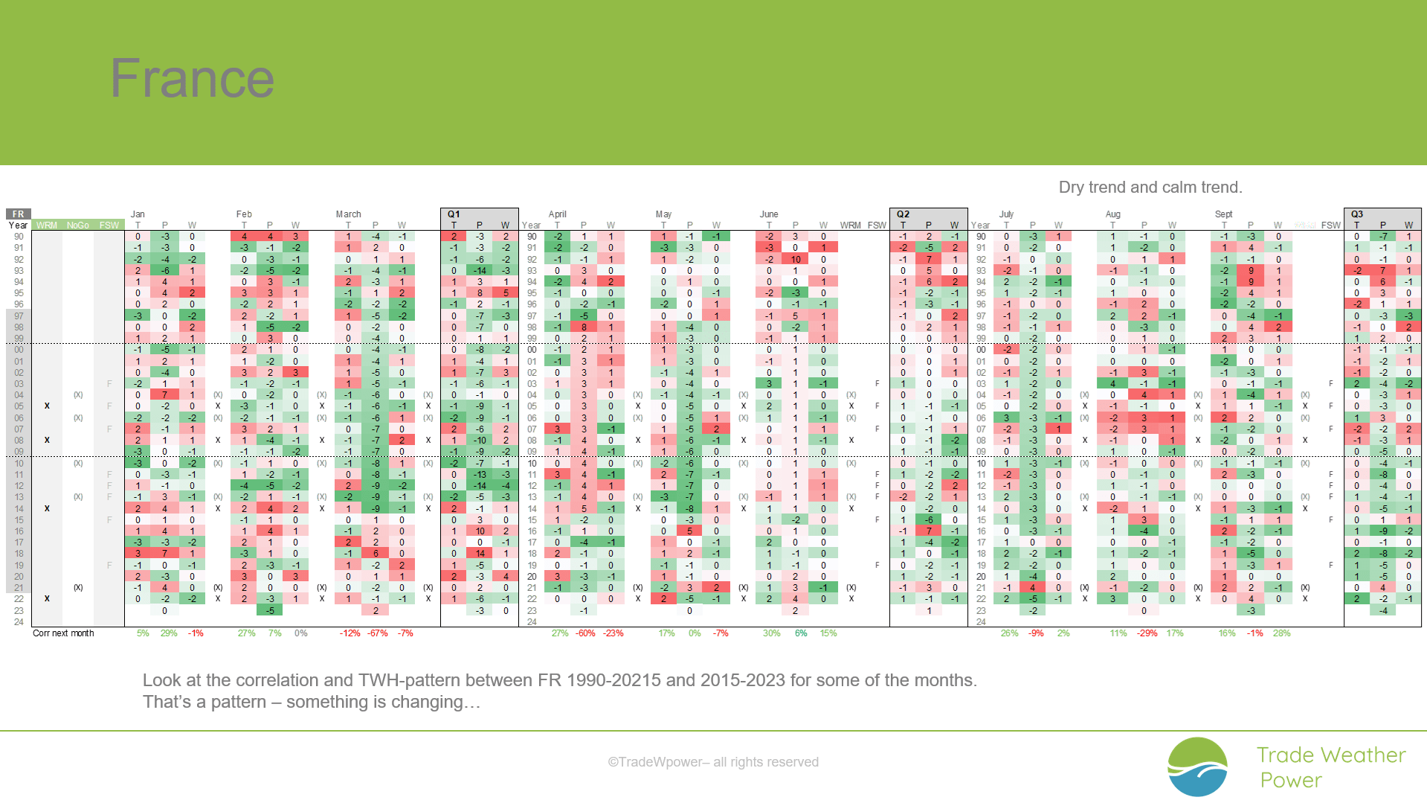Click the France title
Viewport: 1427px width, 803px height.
pyautogui.click(x=192, y=78)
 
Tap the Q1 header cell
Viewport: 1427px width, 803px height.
pyautogui.click(x=454, y=214)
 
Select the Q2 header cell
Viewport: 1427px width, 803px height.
pyautogui.click(x=903, y=214)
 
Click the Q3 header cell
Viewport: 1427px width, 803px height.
pyautogui.click(x=1357, y=214)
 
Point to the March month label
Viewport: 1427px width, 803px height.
pyautogui.click(x=348, y=214)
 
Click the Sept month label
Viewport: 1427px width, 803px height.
pyautogui.click(x=1223, y=214)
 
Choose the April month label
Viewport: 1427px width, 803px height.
pyautogui.click(x=557, y=214)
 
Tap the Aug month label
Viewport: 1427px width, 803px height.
pyautogui.click(x=1112, y=214)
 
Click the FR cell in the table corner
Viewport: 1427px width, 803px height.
pyautogui.click(x=18, y=214)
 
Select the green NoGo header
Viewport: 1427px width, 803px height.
pyautogui.click(x=77, y=225)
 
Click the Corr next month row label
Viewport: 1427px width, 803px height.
pyautogui.click(x=63, y=633)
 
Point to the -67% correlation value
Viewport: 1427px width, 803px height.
pyautogui.click(x=378, y=633)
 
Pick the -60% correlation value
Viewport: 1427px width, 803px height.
pyautogui.click(x=585, y=633)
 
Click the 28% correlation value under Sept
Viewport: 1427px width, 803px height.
pyautogui.click(x=1281, y=633)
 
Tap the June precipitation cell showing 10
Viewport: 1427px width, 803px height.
pyautogui.click(x=795, y=260)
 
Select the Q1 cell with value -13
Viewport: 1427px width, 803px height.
pyautogui.click(x=480, y=475)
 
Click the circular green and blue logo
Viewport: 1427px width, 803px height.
pyautogui.click(x=1197, y=767)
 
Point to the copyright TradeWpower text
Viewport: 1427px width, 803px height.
pyautogui.click(x=712, y=762)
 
